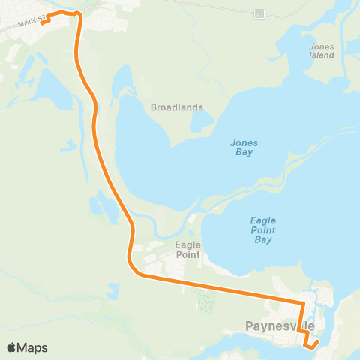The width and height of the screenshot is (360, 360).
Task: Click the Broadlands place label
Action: pos(177,107)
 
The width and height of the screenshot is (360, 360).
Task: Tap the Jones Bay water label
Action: pos(242,147)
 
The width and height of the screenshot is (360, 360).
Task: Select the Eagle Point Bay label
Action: pos(262,230)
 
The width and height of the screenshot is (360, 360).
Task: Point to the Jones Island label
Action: pos(322,51)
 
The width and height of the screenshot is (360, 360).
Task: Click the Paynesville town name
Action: pos(280,325)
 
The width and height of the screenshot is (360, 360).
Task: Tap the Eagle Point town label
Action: pos(187,250)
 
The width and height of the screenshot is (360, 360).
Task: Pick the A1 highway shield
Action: pos(259,13)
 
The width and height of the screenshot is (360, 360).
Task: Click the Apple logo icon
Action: pos(11,347)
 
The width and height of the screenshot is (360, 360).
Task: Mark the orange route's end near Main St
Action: pos(42,22)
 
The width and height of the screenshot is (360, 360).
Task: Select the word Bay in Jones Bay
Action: pos(242,152)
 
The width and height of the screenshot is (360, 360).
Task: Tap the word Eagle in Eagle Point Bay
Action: pos(262,220)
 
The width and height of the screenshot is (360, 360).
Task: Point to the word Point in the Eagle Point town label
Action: pos(187,255)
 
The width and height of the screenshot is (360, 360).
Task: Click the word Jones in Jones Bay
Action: pos(242,142)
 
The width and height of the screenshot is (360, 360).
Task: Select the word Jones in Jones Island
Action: pos(322,46)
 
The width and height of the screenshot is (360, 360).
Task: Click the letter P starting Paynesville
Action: pos(250,325)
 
